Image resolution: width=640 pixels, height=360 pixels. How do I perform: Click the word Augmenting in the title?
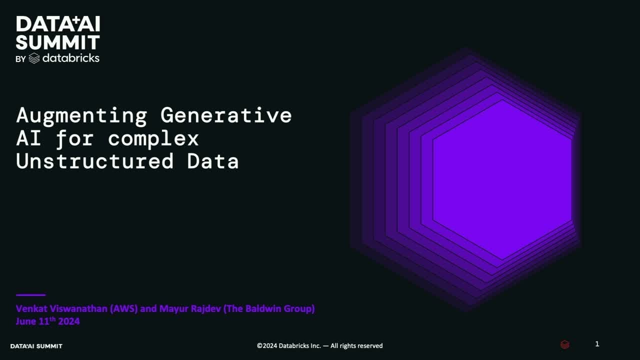[x=81, y=115]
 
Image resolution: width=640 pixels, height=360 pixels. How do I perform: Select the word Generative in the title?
[x=226, y=115]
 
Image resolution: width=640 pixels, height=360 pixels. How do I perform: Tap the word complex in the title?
[x=153, y=138]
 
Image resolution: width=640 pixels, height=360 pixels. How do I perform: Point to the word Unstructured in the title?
[x=94, y=161]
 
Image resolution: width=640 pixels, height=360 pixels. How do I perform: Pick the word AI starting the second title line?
[x=29, y=138]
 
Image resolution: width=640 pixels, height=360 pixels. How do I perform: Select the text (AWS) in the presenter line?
[x=123, y=308]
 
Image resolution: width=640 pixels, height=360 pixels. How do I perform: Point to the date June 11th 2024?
[x=47, y=321]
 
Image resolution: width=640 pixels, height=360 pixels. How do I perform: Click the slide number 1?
[x=597, y=344]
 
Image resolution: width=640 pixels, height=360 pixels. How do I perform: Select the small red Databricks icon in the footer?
[x=564, y=344]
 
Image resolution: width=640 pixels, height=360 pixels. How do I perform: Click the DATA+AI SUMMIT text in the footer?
[x=36, y=346]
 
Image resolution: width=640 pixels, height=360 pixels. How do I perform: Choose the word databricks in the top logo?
[x=70, y=58]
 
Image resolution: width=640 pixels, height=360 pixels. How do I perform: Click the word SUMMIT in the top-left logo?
[x=58, y=42]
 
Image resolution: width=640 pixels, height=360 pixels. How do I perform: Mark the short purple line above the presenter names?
[x=30, y=295]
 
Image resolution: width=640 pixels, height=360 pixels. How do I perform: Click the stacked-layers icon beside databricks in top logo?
[x=34, y=58]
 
